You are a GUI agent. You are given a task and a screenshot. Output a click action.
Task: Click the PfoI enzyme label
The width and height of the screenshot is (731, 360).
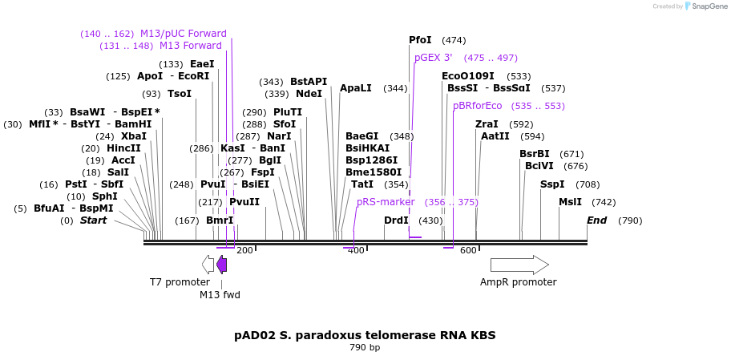pyautogui.click(x=420, y=40)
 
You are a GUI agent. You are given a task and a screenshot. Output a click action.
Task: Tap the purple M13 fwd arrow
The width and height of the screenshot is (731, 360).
pyautogui.click(x=221, y=265)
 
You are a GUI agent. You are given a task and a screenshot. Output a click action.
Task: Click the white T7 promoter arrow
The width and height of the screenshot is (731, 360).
pyautogui.click(x=208, y=265)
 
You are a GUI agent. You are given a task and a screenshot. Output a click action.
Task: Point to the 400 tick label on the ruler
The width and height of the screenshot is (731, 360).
pyautogui.click(x=356, y=250)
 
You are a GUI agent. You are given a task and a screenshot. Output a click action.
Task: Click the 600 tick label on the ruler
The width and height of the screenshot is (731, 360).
pyautogui.click(x=468, y=250)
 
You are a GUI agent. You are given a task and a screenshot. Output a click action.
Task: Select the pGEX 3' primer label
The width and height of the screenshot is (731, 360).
pyautogui.click(x=434, y=58)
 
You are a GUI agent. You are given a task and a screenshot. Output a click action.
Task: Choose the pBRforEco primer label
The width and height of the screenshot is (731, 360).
pyautogui.click(x=477, y=106)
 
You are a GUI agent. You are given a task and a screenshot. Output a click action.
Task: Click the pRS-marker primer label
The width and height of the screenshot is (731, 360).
pyautogui.click(x=386, y=202)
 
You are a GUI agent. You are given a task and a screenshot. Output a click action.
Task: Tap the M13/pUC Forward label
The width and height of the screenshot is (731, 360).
pyautogui.click(x=183, y=34)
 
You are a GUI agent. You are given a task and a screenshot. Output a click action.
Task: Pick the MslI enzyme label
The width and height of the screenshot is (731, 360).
pyautogui.click(x=571, y=202)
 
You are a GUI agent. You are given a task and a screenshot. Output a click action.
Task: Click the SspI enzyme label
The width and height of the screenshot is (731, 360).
pyautogui.click(x=552, y=184)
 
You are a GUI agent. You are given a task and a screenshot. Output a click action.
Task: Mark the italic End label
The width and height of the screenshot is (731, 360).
pyautogui.click(x=596, y=220)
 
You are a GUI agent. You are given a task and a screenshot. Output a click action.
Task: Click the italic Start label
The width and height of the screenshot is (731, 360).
pyautogui.click(x=93, y=220)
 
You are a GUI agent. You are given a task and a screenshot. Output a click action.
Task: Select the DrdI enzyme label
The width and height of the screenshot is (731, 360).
pyautogui.click(x=396, y=220)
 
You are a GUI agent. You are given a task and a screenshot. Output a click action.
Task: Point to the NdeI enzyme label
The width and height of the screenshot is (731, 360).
pyautogui.click(x=309, y=94)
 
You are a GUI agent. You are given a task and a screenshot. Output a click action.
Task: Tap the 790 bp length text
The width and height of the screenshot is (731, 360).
pyautogui.click(x=365, y=348)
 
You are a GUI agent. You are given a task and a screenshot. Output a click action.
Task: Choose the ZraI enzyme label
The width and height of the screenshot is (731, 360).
pyautogui.click(x=487, y=124)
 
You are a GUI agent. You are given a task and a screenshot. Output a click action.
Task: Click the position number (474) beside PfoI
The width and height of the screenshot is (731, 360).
pyautogui.click(x=454, y=40)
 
